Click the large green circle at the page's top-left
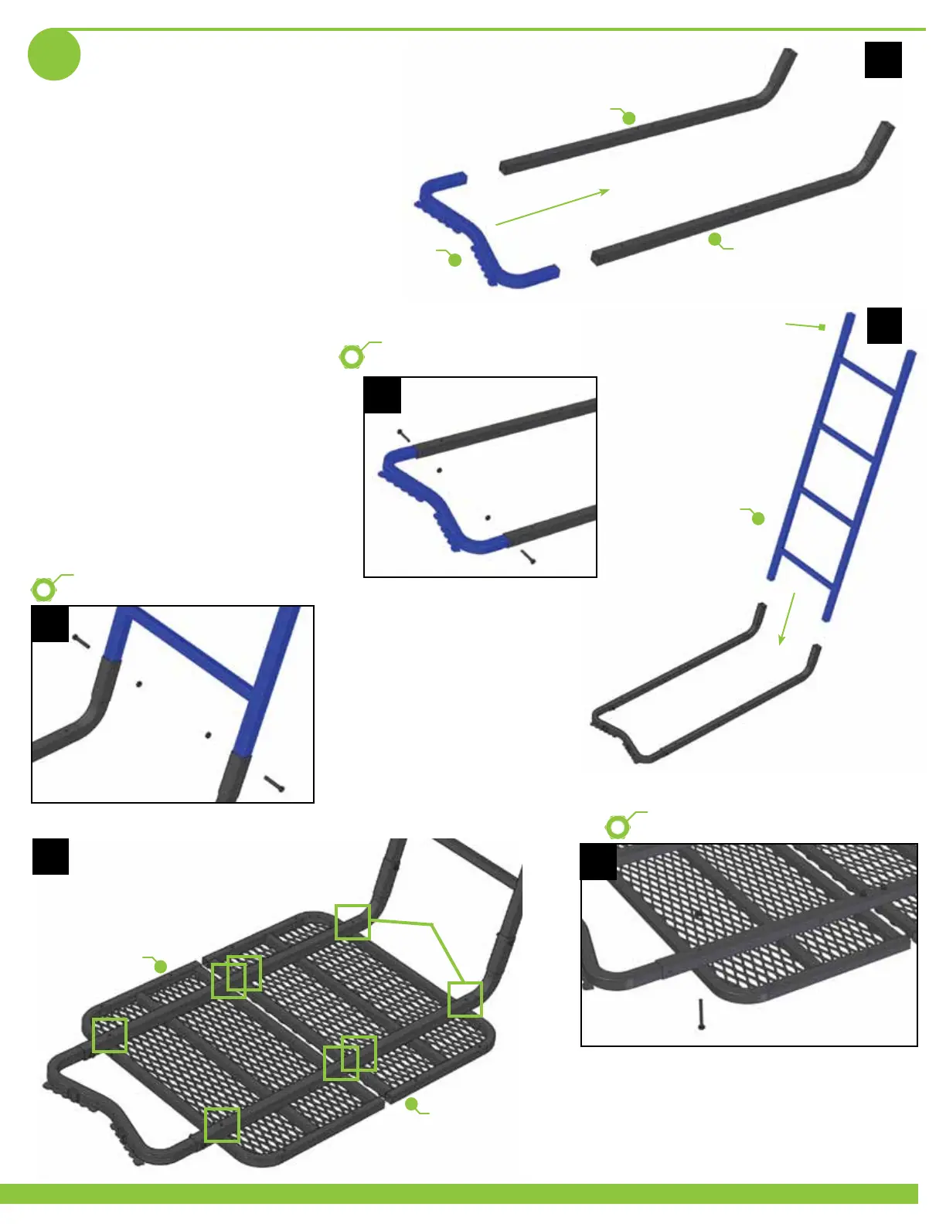tap(54, 54)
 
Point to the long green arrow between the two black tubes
tap(552, 207)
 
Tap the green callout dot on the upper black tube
tap(629, 118)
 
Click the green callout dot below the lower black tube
tap(715, 240)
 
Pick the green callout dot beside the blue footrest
tap(455, 260)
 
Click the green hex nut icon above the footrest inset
tap(352, 357)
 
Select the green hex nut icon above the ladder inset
tap(44, 590)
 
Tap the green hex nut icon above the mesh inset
tap(618, 828)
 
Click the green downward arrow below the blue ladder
tap(788, 618)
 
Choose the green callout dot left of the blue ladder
tap(758, 518)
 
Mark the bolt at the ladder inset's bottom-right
tap(274, 784)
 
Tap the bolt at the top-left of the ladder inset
tap(81, 641)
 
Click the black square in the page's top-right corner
tap(883, 59)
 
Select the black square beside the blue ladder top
tap(884, 325)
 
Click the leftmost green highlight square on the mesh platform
tap(110, 1035)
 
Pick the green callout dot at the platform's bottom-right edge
tap(411, 1103)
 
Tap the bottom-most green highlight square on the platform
tap(222, 1124)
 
